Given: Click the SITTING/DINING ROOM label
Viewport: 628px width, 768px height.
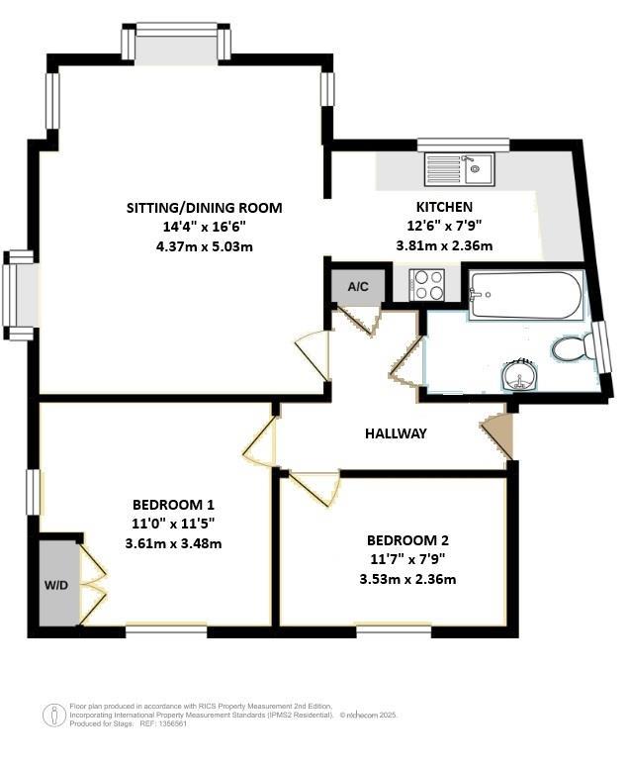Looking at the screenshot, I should click(204, 208).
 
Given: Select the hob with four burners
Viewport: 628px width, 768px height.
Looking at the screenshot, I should click(428, 285).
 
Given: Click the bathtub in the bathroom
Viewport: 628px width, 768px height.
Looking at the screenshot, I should click(525, 296).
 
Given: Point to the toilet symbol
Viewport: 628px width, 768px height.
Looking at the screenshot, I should click(571, 348).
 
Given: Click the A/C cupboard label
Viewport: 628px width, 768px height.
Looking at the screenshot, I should click(358, 287).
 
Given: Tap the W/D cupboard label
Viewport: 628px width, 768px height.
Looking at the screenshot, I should click(55, 585).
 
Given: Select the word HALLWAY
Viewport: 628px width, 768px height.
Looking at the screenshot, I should click(396, 433).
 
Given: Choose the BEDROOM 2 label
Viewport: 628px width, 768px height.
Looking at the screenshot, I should click(407, 540).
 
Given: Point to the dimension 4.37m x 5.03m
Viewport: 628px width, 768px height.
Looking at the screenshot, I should click(204, 246).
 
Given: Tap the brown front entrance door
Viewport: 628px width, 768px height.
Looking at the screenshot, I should click(498, 435).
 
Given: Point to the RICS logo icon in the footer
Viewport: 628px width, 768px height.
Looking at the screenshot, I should click(55, 714).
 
